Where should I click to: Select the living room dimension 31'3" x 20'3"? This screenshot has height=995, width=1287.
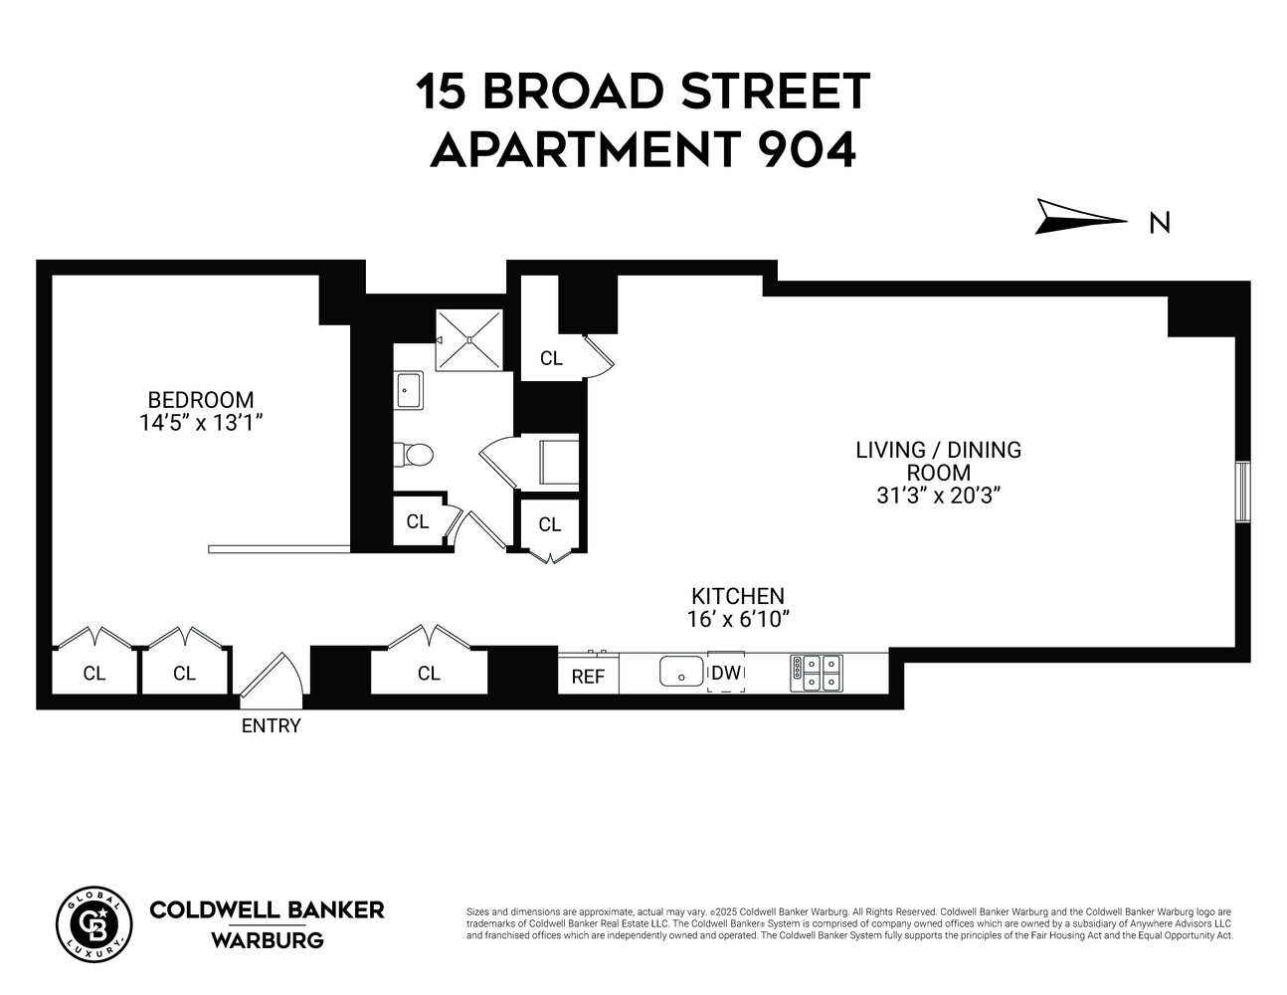[938, 496]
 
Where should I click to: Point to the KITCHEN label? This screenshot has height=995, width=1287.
[738, 596]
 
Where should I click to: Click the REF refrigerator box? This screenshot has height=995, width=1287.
[589, 677]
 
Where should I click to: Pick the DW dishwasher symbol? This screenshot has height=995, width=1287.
[726, 673]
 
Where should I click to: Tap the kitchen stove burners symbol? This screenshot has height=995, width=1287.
[816, 673]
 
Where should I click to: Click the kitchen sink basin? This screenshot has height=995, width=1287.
[681, 672]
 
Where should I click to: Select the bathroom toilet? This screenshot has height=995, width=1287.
[415, 455]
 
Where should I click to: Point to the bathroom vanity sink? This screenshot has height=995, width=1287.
[408, 389]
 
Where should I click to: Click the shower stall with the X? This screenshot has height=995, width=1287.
[469, 338]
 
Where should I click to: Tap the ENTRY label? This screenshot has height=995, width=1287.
[271, 726]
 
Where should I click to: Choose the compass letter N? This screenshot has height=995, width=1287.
[1159, 223]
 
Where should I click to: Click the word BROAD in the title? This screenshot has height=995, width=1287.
[573, 92]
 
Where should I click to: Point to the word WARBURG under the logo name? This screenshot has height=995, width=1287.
[267, 940]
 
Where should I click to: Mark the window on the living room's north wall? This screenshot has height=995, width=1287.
[1242, 492]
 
